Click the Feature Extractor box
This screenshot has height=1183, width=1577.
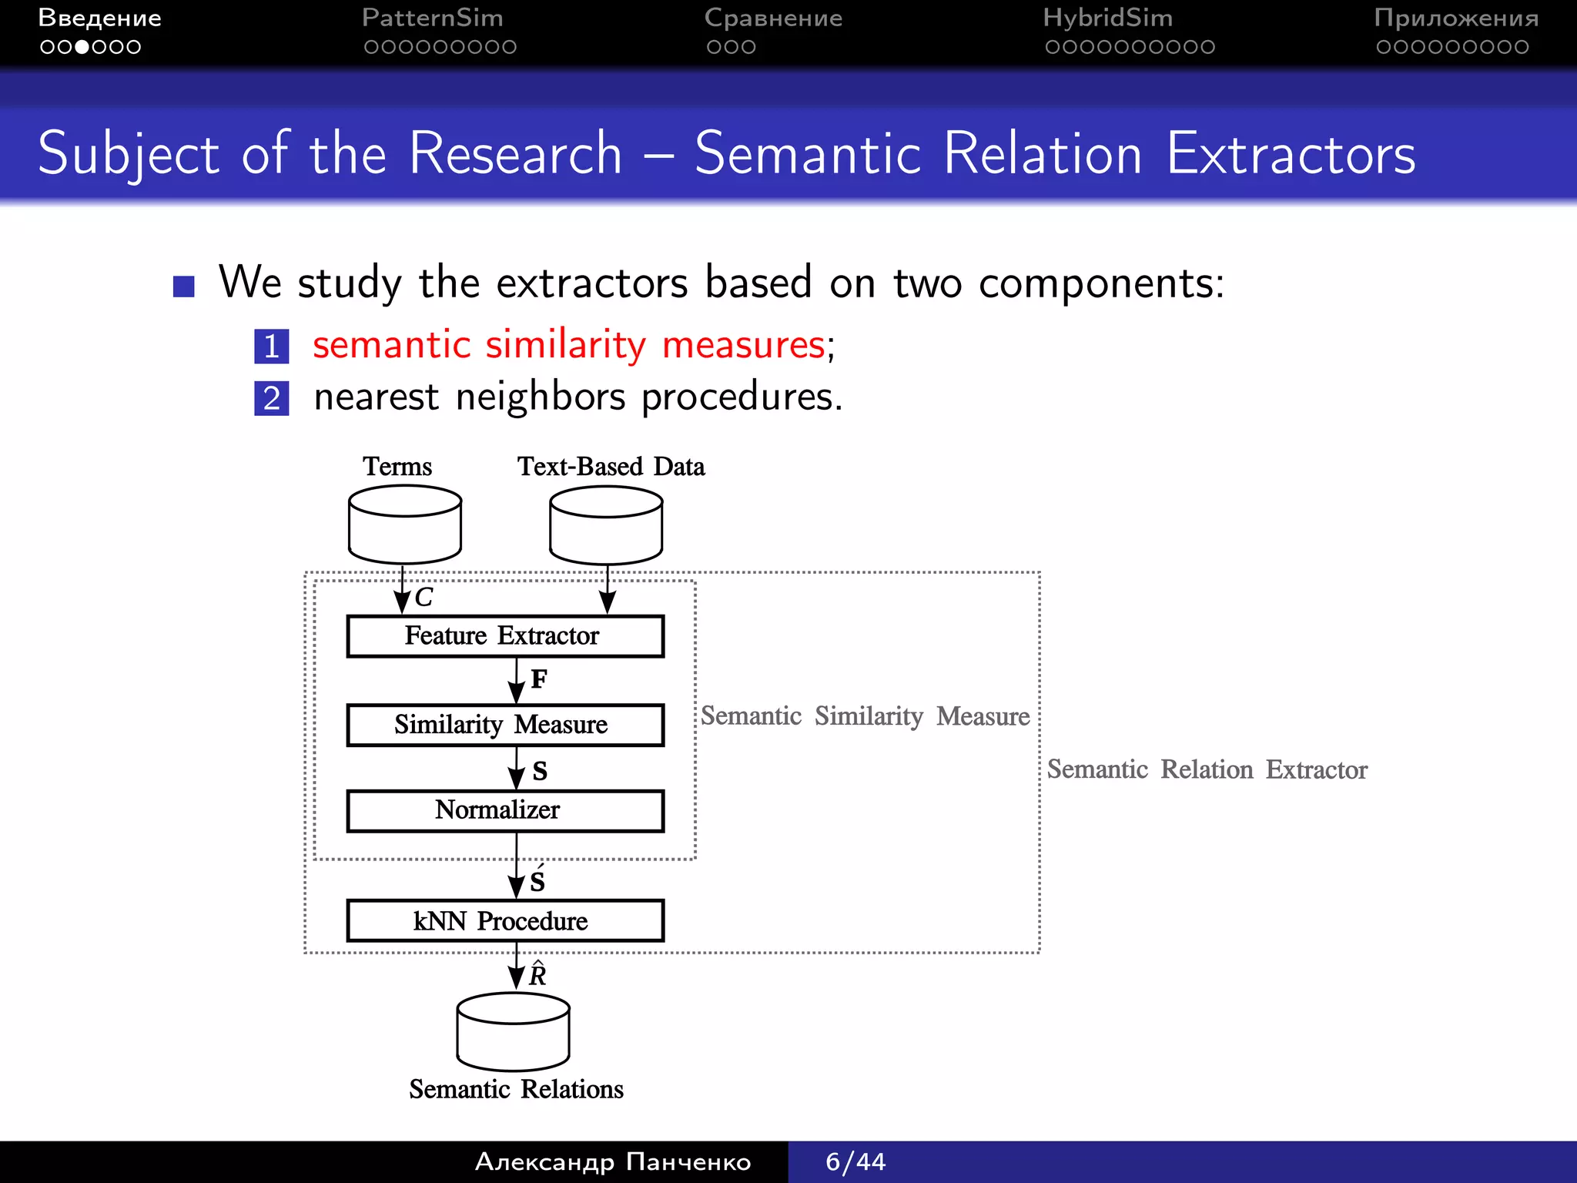coord(504,636)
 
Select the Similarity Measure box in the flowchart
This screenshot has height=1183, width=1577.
coord(504,725)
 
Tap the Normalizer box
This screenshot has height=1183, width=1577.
coord(504,810)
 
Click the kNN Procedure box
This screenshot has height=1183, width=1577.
coord(504,920)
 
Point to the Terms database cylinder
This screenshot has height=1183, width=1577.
coord(404,525)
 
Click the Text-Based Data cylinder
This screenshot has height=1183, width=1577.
coord(606,525)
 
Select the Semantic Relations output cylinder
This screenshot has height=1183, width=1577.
coord(513,1032)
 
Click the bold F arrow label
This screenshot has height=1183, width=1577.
coord(539,679)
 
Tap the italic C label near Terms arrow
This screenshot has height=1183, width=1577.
coord(424,598)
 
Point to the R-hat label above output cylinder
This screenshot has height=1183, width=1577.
coord(537,975)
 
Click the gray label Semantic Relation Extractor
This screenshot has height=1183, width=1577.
coord(1207,769)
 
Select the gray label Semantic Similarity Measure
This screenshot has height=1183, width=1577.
coord(865,716)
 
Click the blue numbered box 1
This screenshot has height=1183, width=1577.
coord(271,346)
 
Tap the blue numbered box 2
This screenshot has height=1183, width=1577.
coord(271,398)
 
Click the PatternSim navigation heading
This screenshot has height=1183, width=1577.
coord(432,18)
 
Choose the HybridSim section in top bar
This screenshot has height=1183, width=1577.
coord(1107,18)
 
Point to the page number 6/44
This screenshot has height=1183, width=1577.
coord(855,1161)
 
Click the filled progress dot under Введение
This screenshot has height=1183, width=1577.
coord(82,47)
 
